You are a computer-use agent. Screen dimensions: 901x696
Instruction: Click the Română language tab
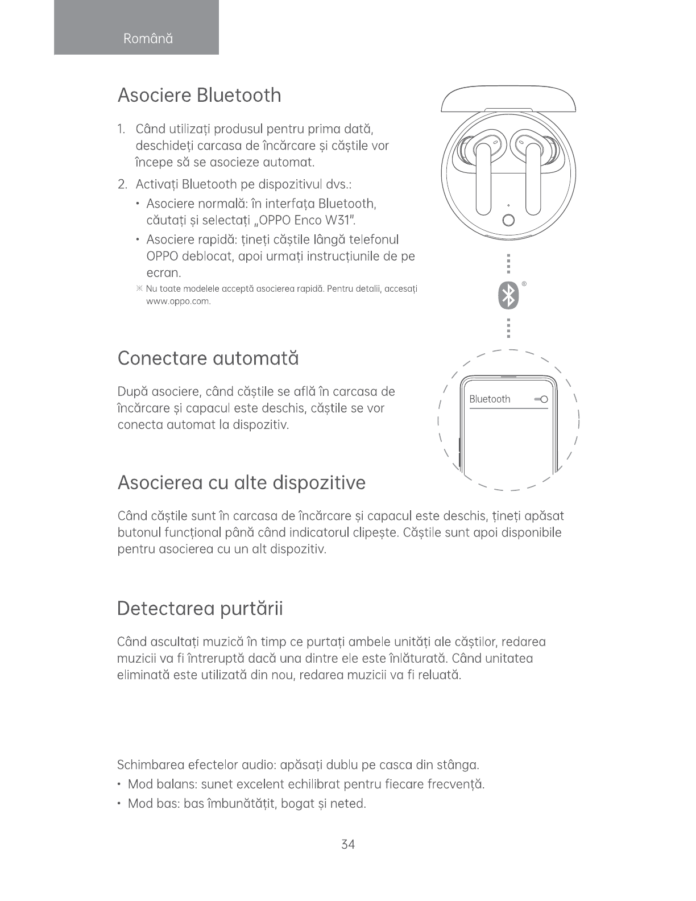point(148,39)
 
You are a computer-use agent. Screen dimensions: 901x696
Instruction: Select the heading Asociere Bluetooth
point(199,95)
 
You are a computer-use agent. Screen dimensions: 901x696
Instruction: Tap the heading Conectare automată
point(208,359)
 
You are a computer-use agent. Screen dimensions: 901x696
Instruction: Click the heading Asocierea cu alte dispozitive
point(241,483)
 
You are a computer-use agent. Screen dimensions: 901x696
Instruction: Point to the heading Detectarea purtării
point(200,609)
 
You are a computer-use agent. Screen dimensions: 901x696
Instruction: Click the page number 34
point(348,845)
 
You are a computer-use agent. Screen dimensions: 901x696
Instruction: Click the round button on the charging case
point(509,220)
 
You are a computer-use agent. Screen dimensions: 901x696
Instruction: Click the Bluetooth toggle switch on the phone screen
point(541,399)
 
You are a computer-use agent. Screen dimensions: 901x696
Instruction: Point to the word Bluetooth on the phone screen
point(490,399)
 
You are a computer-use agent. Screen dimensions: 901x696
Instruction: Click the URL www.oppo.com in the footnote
point(179,301)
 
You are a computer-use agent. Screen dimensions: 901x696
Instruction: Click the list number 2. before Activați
point(122,184)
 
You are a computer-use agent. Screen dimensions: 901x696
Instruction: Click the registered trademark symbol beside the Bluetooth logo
point(524,283)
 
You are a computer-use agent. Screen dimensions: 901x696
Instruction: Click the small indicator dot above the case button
point(509,205)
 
